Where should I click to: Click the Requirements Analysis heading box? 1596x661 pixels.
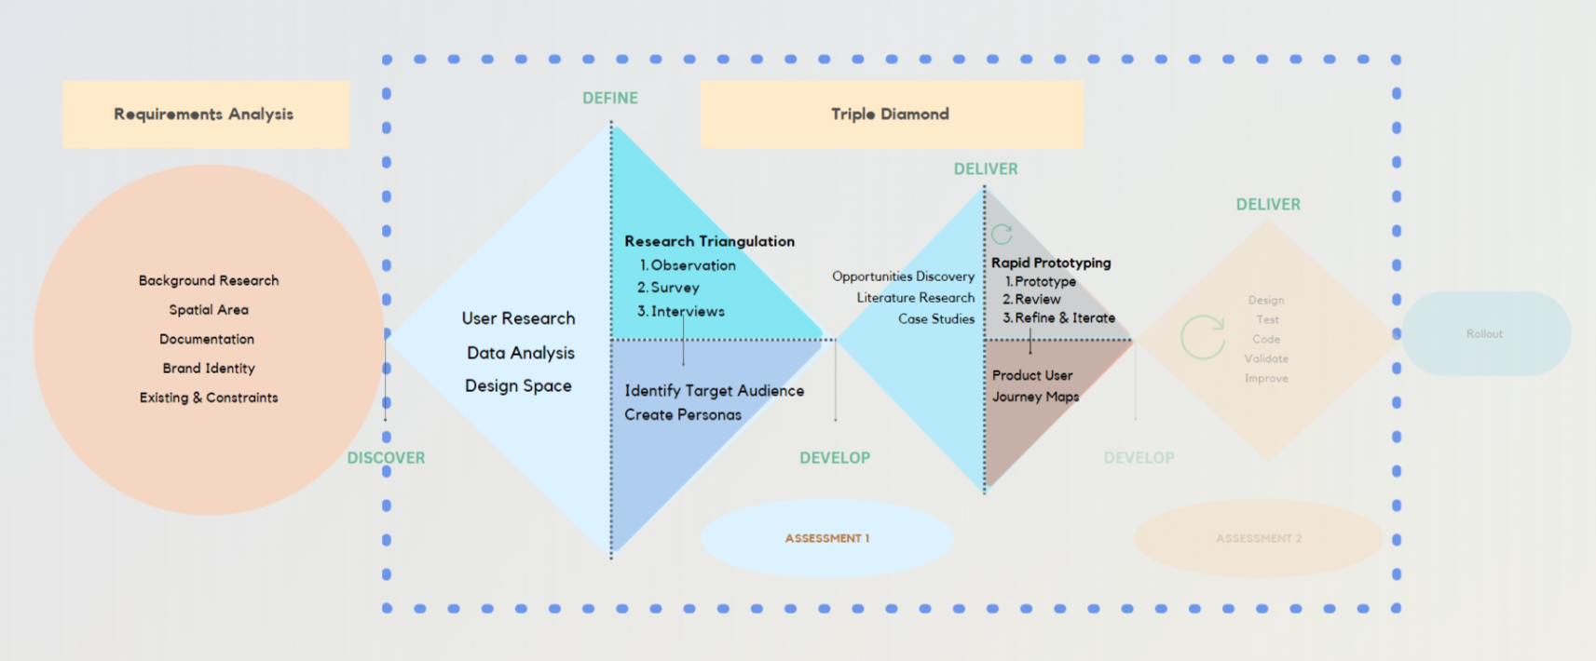tap(205, 114)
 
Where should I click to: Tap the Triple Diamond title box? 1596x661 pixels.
tap(891, 114)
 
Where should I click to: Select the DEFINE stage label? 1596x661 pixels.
tap(610, 98)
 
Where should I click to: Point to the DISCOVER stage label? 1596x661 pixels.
tap(386, 458)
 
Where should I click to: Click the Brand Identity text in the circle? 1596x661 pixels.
tap(209, 369)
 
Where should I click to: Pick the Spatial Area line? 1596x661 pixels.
tap(209, 310)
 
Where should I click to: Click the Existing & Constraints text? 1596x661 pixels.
tap(209, 398)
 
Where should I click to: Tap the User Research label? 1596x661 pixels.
tap(518, 318)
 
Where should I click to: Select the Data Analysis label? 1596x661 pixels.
tap(520, 353)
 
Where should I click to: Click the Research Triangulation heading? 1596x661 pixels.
tap(709, 241)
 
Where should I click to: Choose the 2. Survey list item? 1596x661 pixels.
tap(668, 289)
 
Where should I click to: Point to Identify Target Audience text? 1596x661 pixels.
tap(714, 391)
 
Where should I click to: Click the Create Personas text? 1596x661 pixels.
tap(683, 415)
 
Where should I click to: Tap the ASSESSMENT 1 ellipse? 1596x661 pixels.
tap(826, 538)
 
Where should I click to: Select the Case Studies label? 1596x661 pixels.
tap(935, 319)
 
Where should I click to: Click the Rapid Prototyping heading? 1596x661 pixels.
tap(1051, 263)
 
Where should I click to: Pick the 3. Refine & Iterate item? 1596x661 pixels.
tap(1058, 318)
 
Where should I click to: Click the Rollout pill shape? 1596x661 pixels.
tap(1485, 333)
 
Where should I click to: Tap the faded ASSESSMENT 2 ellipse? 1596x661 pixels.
tap(1258, 538)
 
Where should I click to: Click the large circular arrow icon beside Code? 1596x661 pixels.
tap(1203, 337)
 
